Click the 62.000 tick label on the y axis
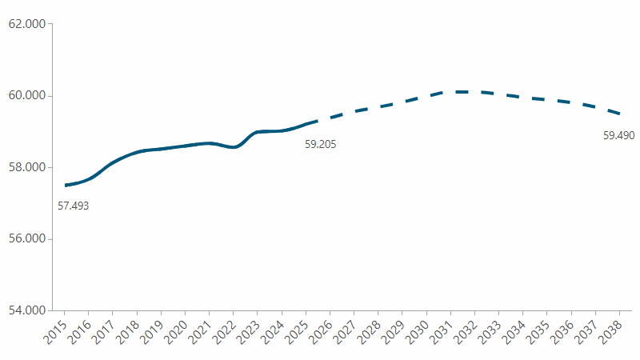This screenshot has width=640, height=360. point(26,24)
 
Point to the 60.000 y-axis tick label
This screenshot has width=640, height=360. point(26,96)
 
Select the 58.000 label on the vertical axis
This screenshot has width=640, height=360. point(26,167)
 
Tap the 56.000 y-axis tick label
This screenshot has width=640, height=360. point(26,239)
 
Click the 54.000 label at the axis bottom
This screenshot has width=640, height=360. point(26,310)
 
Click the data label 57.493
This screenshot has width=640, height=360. point(73,206)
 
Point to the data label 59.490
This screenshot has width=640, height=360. point(618,136)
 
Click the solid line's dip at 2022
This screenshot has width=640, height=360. point(233,147)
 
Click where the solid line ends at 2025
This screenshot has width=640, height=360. point(306,124)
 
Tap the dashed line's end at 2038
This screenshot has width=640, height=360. point(620,114)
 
